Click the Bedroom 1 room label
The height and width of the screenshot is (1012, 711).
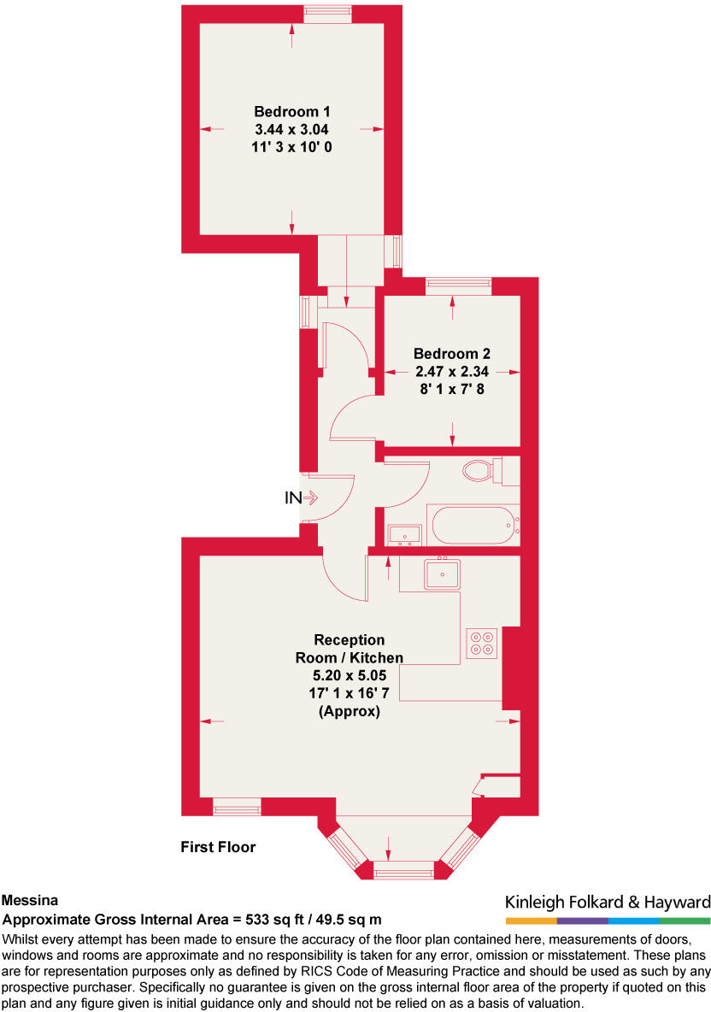click(292, 111)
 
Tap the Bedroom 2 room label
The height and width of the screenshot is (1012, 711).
click(452, 353)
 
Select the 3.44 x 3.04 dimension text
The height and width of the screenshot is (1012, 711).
click(292, 129)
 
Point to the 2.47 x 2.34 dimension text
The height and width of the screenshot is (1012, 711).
click(452, 371)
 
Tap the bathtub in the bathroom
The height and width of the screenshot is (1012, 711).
click(473, 524)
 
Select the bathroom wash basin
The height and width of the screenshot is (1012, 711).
click(404, 535)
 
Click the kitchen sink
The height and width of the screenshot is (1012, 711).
click(443, 574)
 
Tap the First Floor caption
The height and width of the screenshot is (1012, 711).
click(218, 847)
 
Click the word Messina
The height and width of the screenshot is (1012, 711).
click(30, 900)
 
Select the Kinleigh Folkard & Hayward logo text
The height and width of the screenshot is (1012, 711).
click(608, 902)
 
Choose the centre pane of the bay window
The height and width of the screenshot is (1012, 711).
click(404, 871)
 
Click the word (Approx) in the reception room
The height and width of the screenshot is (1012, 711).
click(349, 711)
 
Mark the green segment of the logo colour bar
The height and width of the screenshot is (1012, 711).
click(685, 921)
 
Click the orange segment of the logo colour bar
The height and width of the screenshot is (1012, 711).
click(531, 921)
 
